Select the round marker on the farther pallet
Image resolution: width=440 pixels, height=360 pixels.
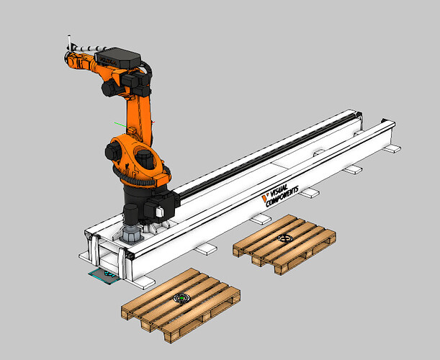(x=286, y=240)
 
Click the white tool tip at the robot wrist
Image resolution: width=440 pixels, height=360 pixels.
(x=68, y=42)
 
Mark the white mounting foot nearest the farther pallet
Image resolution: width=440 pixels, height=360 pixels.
(x=309, y=193)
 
